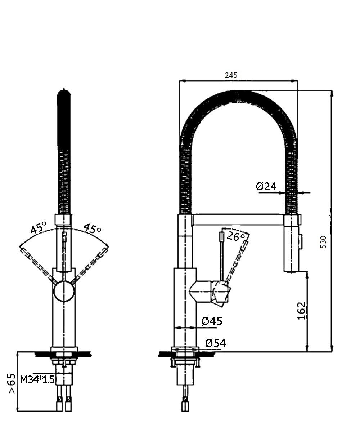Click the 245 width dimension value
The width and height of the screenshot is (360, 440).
pos(231,75)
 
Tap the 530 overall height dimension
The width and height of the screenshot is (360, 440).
pos(323,242)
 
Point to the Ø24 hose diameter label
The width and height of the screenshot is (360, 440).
pos(266,186)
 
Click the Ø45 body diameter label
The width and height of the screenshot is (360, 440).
pos(212,321)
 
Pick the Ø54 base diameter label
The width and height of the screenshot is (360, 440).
pos(215,343)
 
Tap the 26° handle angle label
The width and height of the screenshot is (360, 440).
pos(235,236)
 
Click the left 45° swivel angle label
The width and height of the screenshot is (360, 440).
pos(39,227)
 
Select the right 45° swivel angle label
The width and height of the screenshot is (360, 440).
pos(92,228)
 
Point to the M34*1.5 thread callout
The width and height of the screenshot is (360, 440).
pos(37,379)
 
